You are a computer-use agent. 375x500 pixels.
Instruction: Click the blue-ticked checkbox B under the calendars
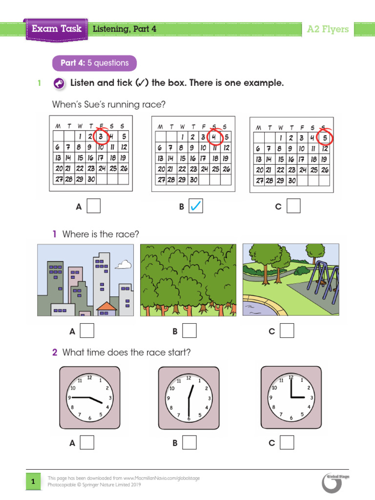[195, 207]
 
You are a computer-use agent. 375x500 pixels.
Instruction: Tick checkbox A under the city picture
[87, 331]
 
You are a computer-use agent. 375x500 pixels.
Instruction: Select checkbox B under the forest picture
[189, 331]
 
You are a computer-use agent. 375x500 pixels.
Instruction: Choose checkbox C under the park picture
[287, 331]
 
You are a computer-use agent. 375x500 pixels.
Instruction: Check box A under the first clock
[87, 442]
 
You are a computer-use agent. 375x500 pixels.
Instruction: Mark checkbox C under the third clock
[287, 442]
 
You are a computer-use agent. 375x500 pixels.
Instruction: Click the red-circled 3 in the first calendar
[101, 136]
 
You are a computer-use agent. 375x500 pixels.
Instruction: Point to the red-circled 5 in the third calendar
[325, 137]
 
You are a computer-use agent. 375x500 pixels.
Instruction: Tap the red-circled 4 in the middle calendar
[213, 137]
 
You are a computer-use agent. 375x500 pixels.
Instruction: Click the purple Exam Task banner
[57, 29]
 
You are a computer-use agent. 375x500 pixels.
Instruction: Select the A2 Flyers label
[328, 29]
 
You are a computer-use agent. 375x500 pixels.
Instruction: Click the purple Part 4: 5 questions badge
[94, 63]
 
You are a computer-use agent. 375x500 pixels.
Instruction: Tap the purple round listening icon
[58, 83]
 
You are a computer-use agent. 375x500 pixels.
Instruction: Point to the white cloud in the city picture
[124, 265]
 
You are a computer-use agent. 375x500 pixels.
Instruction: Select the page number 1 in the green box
[33, 482]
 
